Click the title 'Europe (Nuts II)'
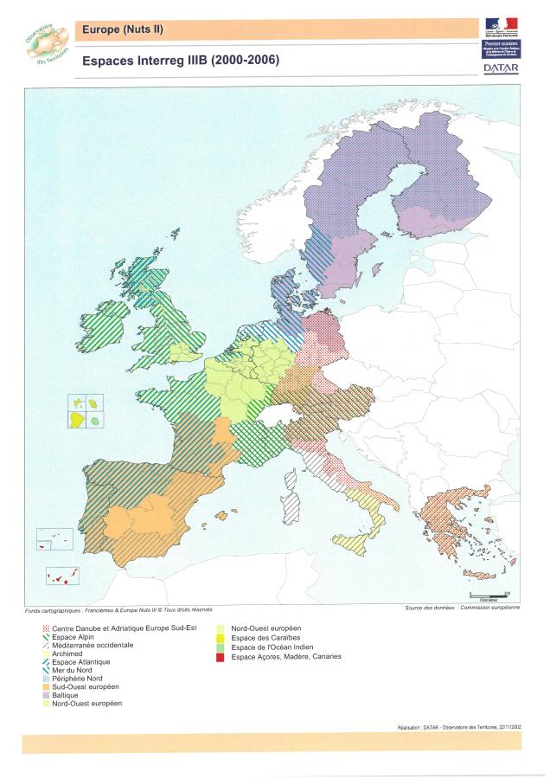122,30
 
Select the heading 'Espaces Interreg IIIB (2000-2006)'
180,61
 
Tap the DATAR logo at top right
501,68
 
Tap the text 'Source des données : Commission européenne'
462,608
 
